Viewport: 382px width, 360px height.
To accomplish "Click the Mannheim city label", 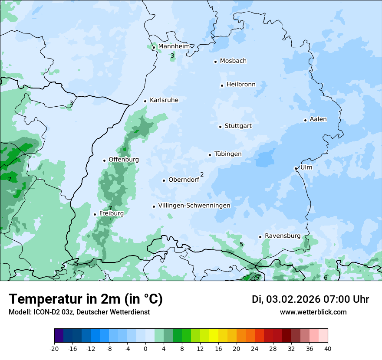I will (174, 46).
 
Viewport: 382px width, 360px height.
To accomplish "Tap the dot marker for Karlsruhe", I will (145, 101).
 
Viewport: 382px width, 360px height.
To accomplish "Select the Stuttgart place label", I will (238, 126).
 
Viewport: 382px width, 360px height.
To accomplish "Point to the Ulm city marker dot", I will (296, 168).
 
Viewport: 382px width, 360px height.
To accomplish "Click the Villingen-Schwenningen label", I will (194, 206).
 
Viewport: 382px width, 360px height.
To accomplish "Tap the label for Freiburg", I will (111, 213).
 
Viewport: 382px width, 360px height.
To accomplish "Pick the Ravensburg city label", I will (282, 236).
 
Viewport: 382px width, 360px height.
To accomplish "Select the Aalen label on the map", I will (318, 119).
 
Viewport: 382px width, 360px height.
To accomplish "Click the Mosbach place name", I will (233, 61).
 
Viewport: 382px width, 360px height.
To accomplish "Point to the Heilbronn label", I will (241, 85).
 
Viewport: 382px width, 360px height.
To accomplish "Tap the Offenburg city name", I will (124, 160).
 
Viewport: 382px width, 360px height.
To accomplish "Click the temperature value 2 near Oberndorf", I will (202, 174).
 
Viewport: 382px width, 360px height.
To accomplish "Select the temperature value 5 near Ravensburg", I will (241, 245).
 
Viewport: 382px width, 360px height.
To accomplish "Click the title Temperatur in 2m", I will (86, 299).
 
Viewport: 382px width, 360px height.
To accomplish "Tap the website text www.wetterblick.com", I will (313, 312).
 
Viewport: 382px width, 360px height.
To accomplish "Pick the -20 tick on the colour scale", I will (54, 349).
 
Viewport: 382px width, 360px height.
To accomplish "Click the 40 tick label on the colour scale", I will (327, 349).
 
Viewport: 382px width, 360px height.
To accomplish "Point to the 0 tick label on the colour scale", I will (145, 349).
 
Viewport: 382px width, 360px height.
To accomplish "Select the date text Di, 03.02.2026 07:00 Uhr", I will (310, 299).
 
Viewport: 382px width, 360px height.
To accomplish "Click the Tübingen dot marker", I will (210, 155).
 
